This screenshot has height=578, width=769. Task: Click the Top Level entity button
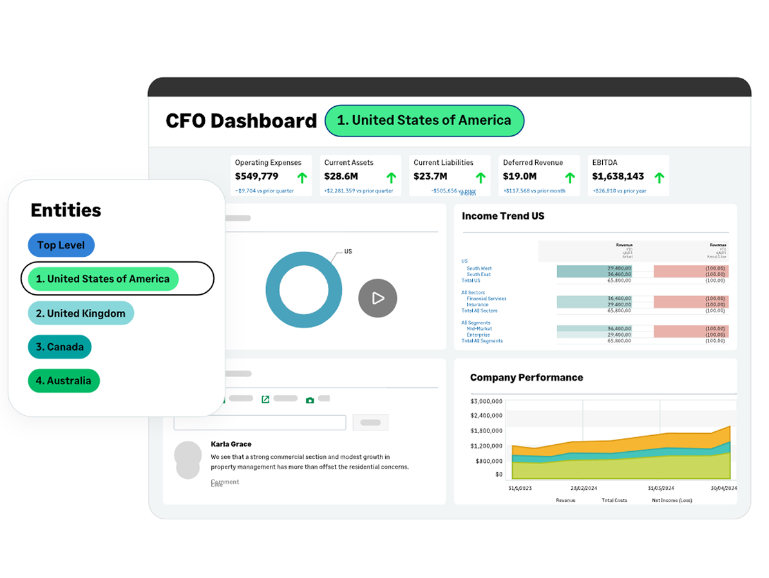pyautogui.click(x=61, y=245)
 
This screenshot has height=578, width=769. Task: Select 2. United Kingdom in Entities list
pyautogui.click(x=81, y=313)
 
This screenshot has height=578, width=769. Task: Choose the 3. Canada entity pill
pyautogui.click(x=60, y=347)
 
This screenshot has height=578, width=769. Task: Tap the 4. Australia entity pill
pyautogui.click(x=64, y=380)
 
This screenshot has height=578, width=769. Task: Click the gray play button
pyautogui.click(x=377, y=298)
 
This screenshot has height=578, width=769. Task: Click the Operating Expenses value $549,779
pyautogui.click(x=256, y=176)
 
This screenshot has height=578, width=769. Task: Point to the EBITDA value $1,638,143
pyautogui.click(x=618, y=176)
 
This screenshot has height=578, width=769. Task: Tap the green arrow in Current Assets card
pyautogui.click(x=391, y=178)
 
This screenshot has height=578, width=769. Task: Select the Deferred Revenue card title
pyautogui.click(x=533, y=163)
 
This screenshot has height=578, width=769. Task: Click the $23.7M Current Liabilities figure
pyautogui.click(x=430, y=176)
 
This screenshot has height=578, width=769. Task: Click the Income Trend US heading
pyautogui.click(x=503, y=216)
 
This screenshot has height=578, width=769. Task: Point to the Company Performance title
pyautogui.click(x=526, y=378)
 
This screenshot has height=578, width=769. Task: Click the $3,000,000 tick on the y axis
pyautogui.click(x=486, y=401)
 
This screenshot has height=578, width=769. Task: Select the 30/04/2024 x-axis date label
pyautogui.click(x=724, y=489)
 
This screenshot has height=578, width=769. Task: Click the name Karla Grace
pyautogui.click(x=231, y=444)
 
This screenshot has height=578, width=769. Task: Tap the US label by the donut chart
pyautogui.click(x=348, y=252)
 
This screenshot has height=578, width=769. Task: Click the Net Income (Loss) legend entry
pyautogui.click(x=672, y=500)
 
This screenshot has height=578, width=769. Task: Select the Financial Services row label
pyautogui.click(x=486, y=299)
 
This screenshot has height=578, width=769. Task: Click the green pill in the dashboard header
pyautogui.click(x=424, y=120)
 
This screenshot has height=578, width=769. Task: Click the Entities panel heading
pyautogui.click(x=66, y=210)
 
